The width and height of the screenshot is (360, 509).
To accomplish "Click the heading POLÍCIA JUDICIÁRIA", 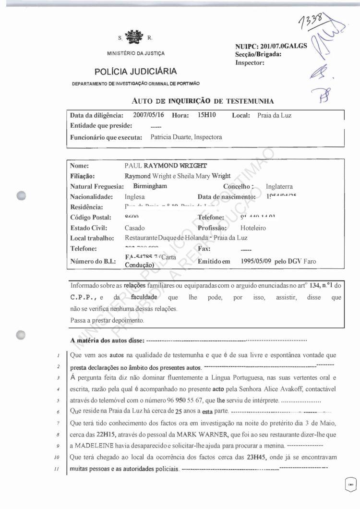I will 135,72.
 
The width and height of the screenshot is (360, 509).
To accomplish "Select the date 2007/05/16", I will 147,116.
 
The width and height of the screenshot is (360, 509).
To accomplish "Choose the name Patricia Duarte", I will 172,137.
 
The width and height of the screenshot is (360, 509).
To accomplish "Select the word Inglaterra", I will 279,186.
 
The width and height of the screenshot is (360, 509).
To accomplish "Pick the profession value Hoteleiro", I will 253,228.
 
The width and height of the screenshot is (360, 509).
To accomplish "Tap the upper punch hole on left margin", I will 21,195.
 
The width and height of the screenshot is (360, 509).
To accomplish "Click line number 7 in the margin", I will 57,423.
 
